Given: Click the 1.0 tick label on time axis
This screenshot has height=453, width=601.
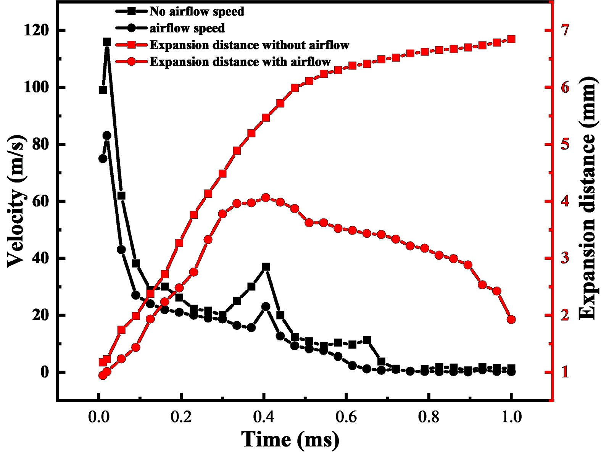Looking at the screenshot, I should [x=511, y=417].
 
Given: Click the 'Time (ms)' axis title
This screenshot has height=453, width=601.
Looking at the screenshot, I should [x=290, y=439].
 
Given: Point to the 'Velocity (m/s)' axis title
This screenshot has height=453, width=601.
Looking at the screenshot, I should [x=16, y=202].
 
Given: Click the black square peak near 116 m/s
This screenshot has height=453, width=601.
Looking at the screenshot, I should [x=107, y=42].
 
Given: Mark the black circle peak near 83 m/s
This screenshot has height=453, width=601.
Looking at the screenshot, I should [x=107, y=135].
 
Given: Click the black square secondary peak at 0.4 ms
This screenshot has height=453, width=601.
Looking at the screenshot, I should [x=266, y=267].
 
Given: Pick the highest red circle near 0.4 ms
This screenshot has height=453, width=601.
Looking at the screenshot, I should [x=266, y=198].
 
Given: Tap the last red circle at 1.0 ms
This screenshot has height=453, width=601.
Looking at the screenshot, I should [x=511, y=319].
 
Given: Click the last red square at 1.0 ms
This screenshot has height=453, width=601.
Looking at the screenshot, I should [x=511, y=39].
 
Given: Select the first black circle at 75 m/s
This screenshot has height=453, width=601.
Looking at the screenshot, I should [x=103, y=158].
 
